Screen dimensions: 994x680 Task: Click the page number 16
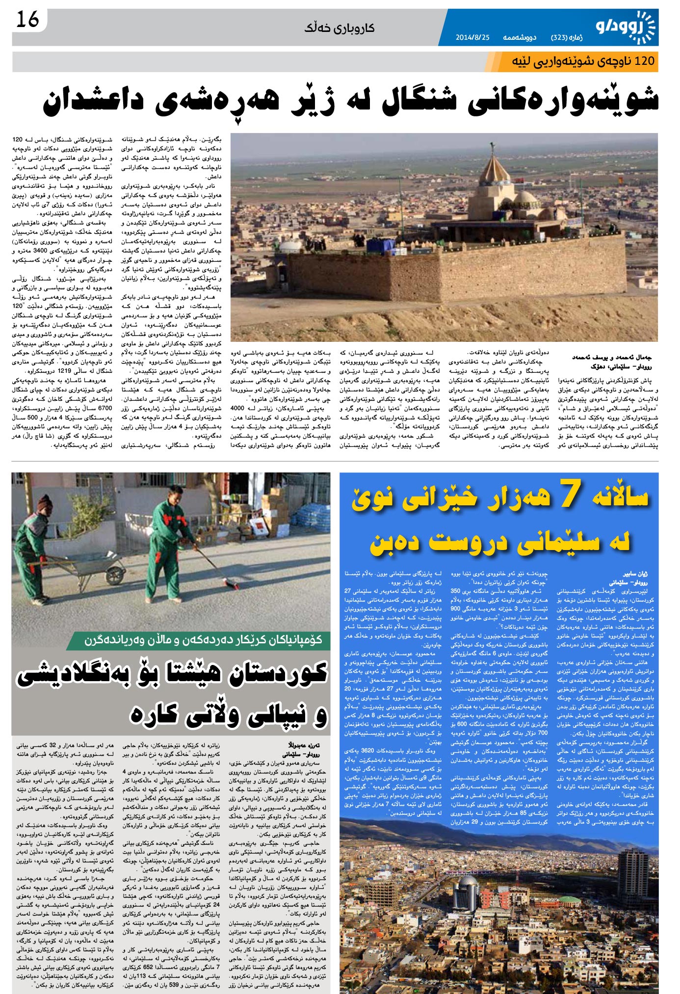pos(27,21)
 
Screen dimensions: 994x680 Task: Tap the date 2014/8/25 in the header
pos(472,37)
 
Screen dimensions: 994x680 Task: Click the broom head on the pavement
pos(231,585)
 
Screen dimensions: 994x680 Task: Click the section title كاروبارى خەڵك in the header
pos(340,28)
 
